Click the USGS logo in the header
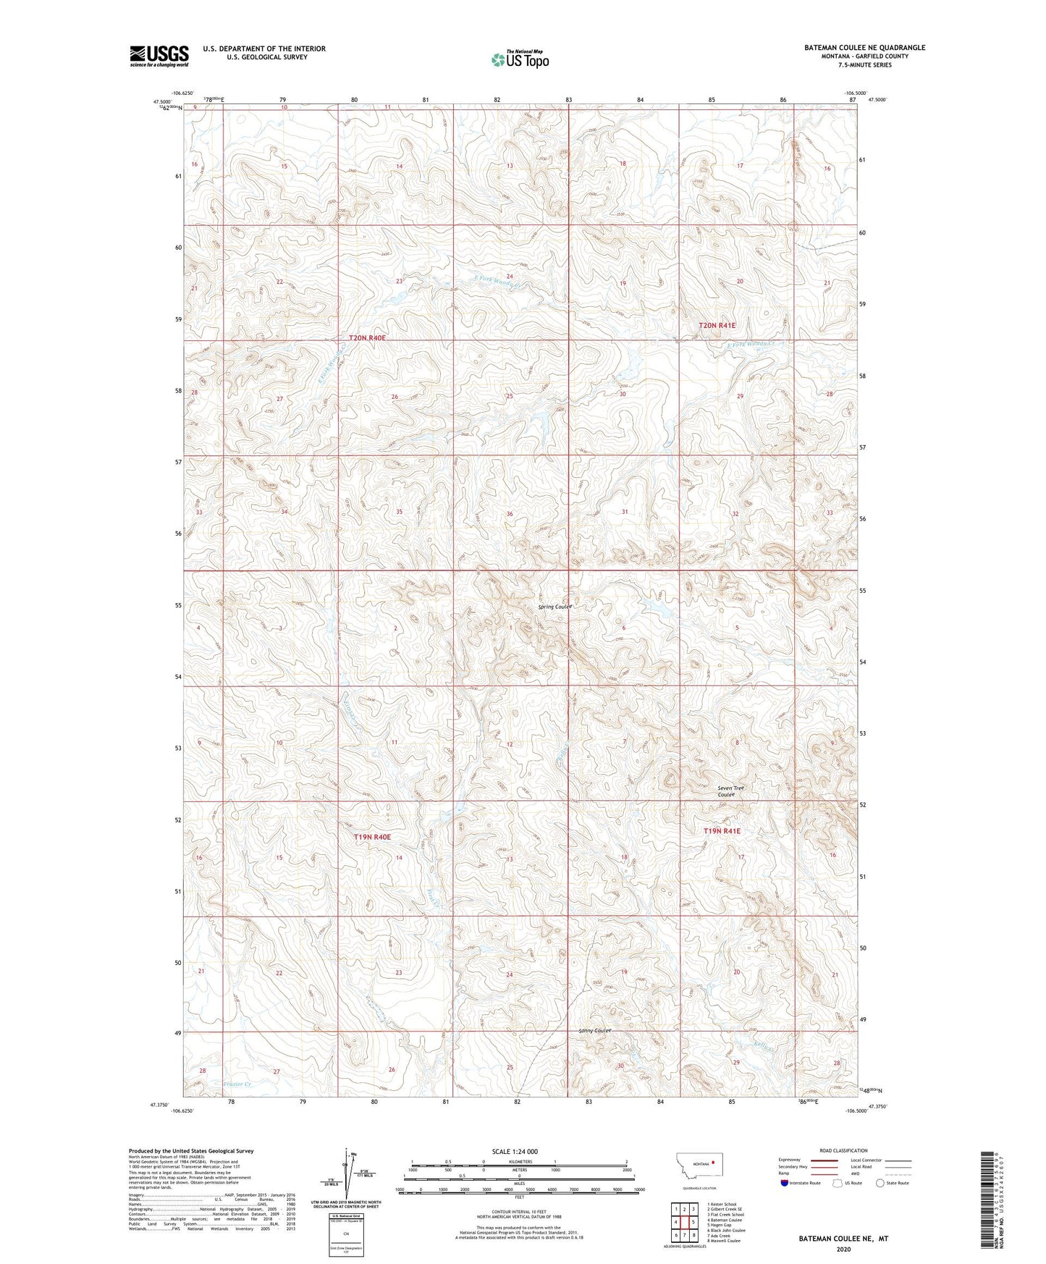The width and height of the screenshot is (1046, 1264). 159,56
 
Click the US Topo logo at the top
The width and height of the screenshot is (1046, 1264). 519,59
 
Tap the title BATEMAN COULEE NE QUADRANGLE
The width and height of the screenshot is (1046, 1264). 864,48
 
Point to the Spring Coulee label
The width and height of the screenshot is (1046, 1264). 555,607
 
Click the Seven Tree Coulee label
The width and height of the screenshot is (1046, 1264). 730,791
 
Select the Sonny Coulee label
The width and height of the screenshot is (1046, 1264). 596,1030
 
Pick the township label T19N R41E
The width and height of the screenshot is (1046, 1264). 722,832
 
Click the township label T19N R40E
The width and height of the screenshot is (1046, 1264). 372,837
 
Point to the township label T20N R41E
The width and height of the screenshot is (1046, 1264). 717,326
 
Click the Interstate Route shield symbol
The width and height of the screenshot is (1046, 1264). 785,1183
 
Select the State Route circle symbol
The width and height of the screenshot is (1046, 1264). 880,1183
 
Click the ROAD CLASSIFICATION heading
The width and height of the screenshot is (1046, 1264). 843,1150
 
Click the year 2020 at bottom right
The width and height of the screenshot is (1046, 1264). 843,1250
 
